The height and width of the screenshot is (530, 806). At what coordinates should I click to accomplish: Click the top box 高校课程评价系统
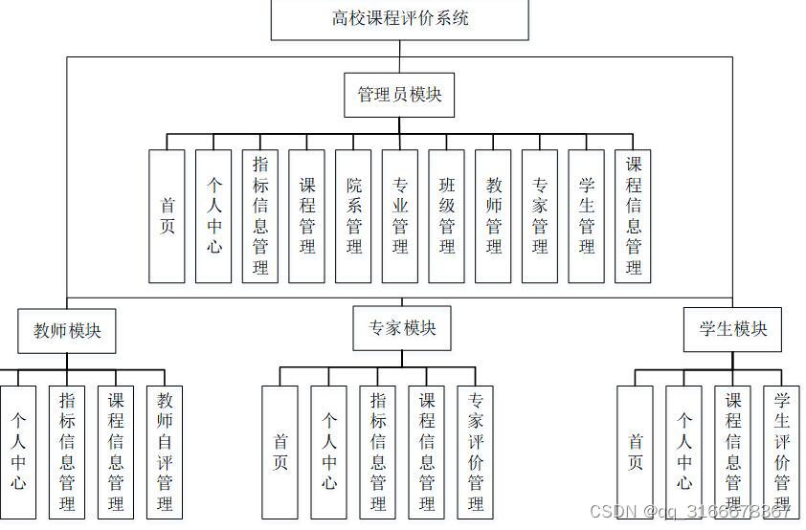point(399,18)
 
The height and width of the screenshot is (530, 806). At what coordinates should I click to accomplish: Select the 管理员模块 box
point(398,95)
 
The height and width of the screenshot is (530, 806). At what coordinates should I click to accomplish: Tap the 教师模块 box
point(67,331)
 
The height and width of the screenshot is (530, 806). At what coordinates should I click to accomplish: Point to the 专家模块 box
point(402,328)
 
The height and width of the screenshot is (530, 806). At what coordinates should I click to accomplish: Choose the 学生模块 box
point(732,329)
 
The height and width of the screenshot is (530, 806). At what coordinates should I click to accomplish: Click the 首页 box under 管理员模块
point(168,215)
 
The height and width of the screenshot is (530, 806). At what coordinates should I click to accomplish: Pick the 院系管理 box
point(354,215)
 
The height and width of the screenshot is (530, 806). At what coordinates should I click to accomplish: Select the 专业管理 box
point(400,215)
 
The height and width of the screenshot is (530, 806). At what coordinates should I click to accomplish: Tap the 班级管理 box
point(447,215)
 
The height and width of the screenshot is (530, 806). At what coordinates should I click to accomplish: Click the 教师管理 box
point(494,215)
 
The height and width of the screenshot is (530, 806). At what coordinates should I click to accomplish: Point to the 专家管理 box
point(540,215)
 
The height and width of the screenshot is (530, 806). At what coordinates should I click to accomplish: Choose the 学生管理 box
point(587,215)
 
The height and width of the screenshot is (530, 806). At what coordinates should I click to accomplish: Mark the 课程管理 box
point(307,215)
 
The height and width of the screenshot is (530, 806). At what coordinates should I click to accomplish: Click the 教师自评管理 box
point(165,452)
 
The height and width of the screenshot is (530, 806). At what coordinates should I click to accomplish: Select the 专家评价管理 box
point(476,452)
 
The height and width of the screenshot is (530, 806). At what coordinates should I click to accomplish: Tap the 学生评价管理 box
point(781,452)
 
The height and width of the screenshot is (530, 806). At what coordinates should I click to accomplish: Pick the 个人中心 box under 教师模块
point(18,452)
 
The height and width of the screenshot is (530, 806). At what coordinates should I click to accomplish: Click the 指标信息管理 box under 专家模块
point(378,452)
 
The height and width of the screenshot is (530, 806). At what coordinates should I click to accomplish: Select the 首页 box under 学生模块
point(635,452)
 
